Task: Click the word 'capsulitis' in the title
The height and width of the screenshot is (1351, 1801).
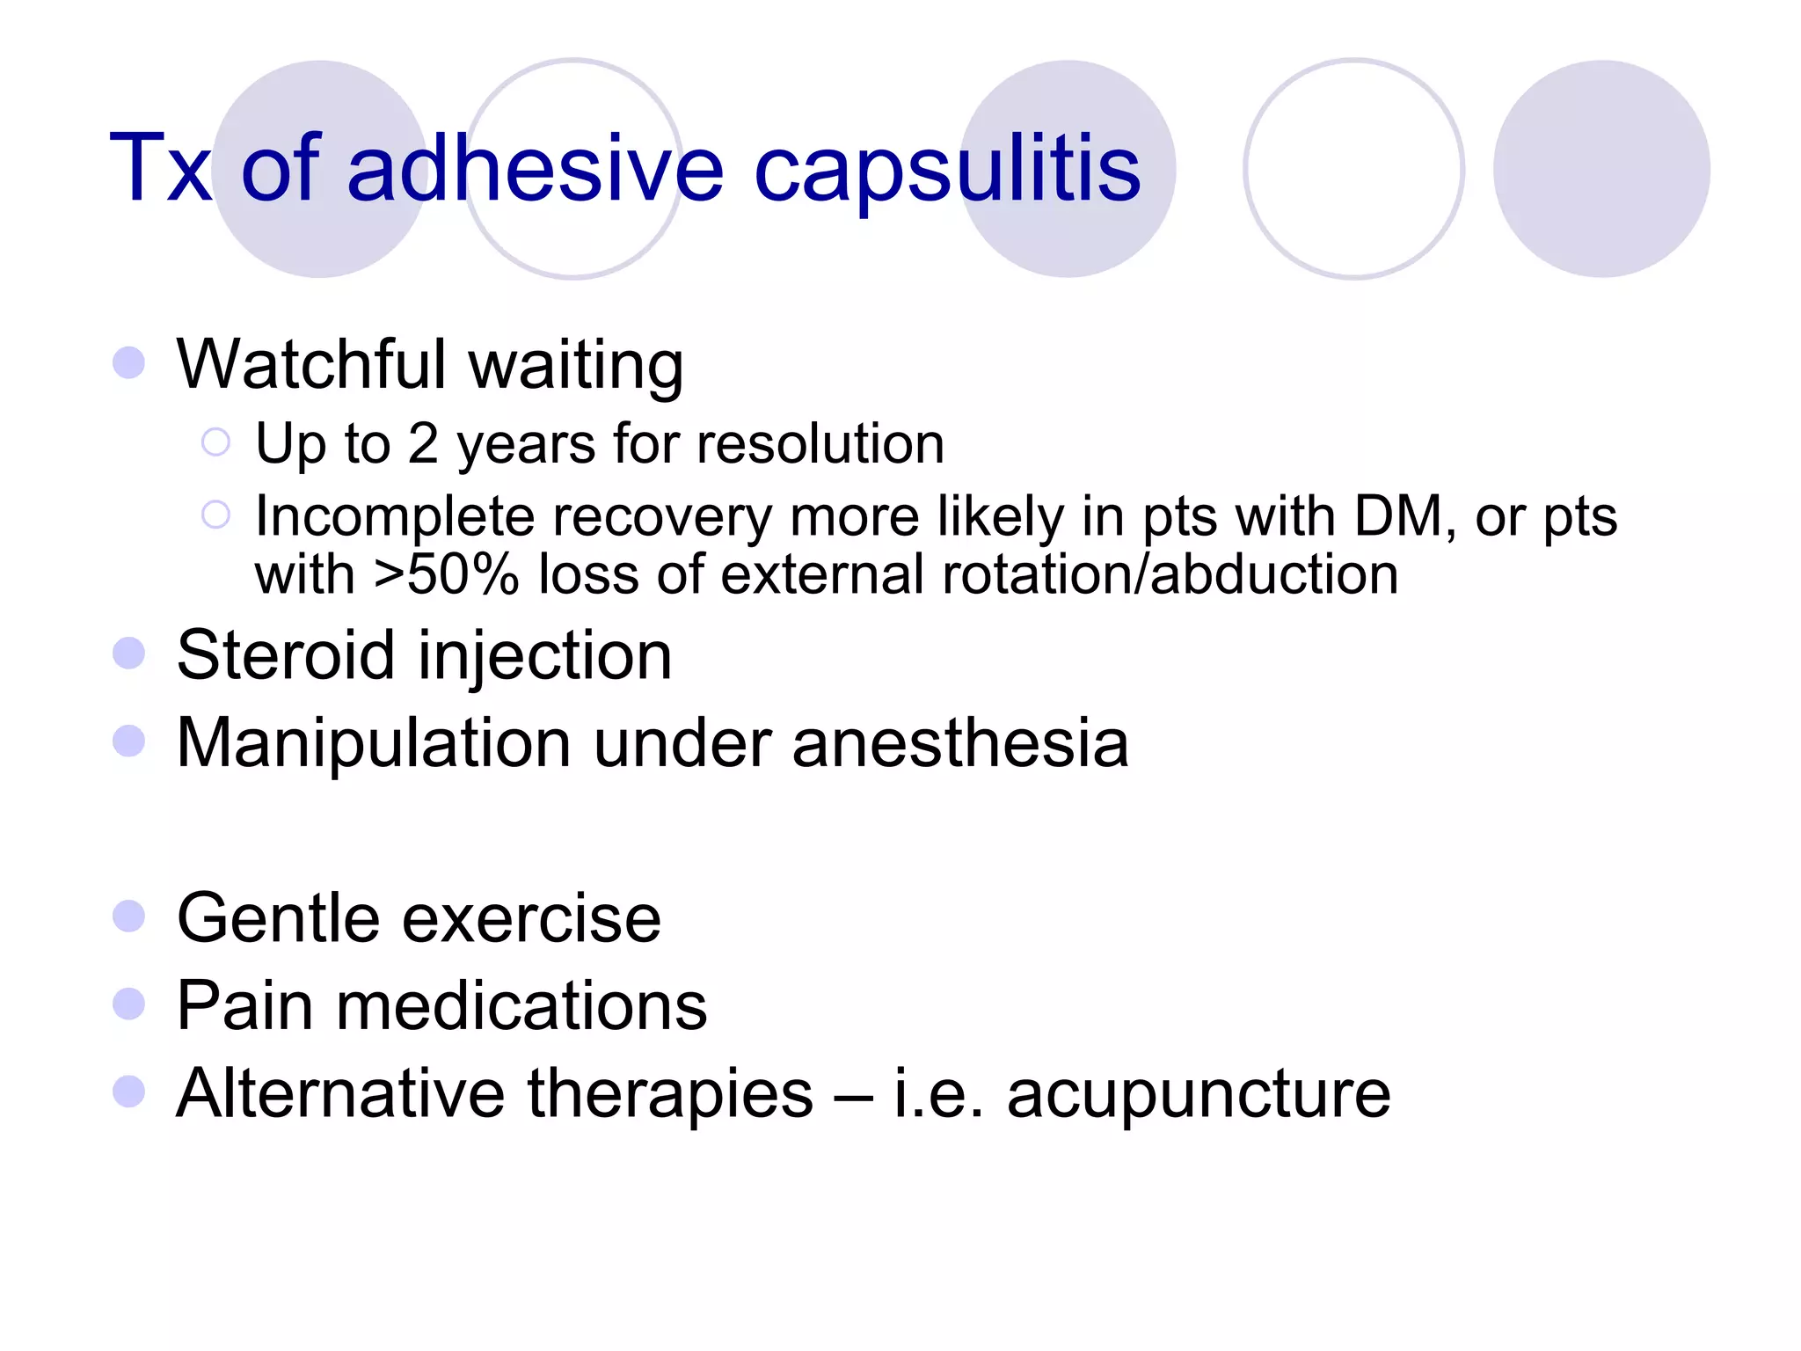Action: coord(947,169)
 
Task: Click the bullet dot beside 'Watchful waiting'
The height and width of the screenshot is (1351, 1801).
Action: coord(129,362)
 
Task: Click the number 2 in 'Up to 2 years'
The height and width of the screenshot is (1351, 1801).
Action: coord(423,443)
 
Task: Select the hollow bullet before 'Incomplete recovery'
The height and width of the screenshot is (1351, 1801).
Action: coord(215,515)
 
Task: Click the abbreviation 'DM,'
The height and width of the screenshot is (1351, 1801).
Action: coord(1404,516)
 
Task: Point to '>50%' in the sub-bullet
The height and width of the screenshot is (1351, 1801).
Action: coord(447,575)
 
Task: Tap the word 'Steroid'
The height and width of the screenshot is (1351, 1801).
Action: coord(286,655)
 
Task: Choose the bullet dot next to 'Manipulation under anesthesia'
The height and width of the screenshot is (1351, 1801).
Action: coord(129,741)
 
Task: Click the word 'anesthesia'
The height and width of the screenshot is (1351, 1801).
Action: coord(959,743)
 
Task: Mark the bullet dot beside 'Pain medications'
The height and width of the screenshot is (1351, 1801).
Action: coord(129,1004)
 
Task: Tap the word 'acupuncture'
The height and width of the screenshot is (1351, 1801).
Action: coord(1199,1094)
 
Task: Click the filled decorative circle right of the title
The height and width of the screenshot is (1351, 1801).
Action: coord(1600,169)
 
